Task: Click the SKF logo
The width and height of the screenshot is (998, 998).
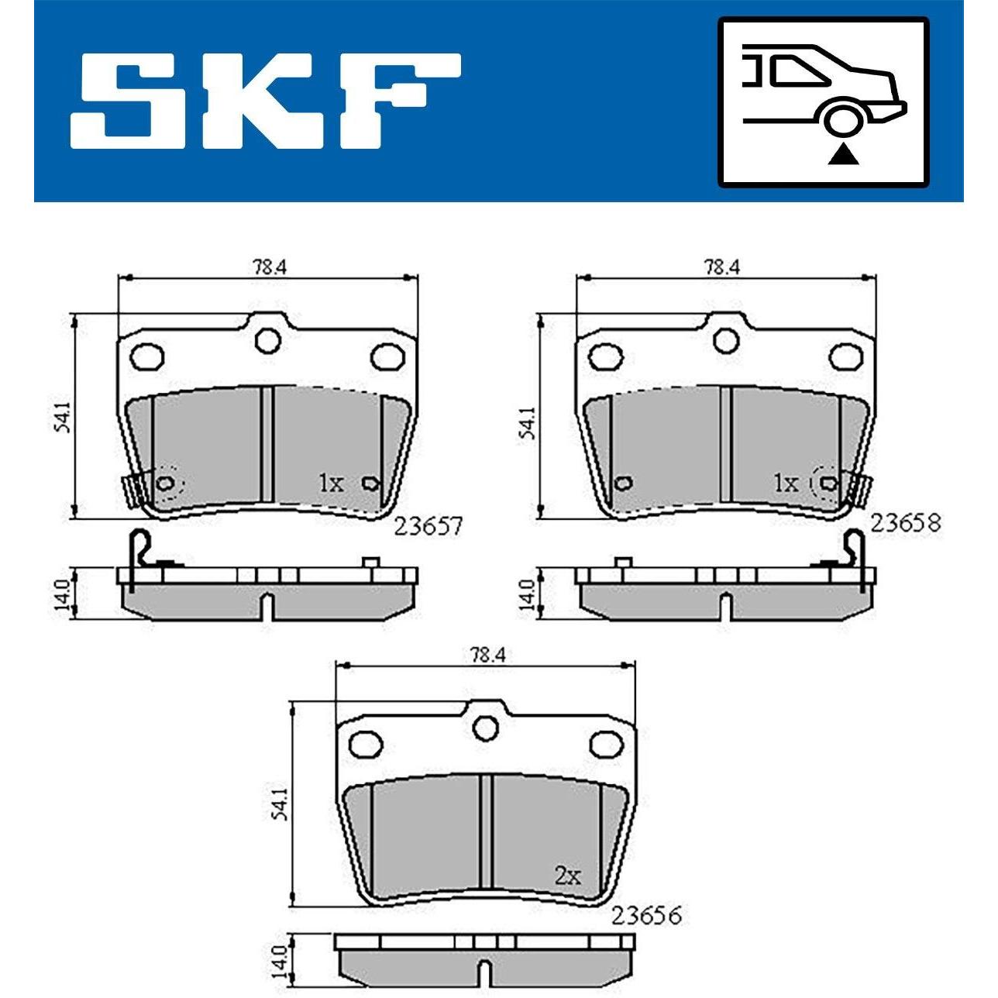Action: point(265,101)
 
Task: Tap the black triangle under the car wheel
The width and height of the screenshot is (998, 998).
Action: point(842,155)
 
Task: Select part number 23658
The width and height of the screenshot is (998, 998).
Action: point(905,522)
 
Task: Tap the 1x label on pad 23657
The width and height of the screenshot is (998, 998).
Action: point(330,484)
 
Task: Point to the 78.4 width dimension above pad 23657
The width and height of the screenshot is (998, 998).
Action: point(269,267)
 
